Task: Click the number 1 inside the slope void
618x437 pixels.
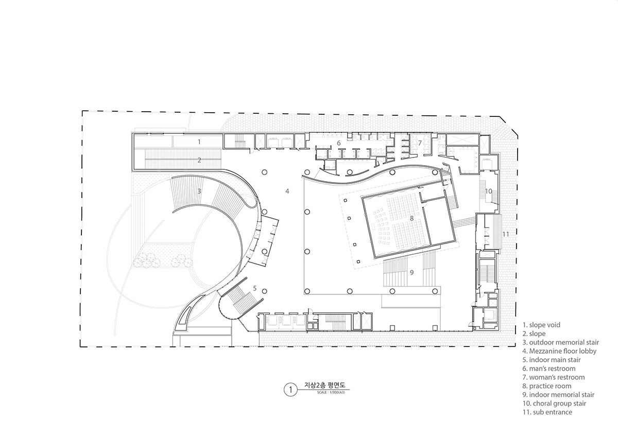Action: (199, 142)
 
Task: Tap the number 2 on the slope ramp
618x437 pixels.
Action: (199, 160)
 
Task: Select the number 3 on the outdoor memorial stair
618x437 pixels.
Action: (199, 191)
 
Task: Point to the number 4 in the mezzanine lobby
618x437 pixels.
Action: (287, 191)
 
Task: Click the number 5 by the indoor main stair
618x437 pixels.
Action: (254, 288)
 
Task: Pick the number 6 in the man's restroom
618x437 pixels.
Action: (339, 143)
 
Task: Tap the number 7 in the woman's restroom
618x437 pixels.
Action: (420, 143)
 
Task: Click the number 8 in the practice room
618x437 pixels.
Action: (411, 218)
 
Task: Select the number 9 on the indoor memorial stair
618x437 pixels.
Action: (411, 272)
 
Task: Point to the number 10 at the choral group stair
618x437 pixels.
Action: (488, 191)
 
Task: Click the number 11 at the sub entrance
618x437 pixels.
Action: (505, 234)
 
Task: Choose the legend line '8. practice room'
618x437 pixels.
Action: (547, 386)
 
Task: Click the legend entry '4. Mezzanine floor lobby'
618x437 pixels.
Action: (559, 351)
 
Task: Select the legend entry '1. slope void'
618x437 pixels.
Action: (541, 325)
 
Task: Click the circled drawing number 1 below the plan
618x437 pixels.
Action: (290, 390)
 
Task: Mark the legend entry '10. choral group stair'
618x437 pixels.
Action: (554, 404)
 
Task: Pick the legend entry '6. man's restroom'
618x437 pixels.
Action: (549, 369)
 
